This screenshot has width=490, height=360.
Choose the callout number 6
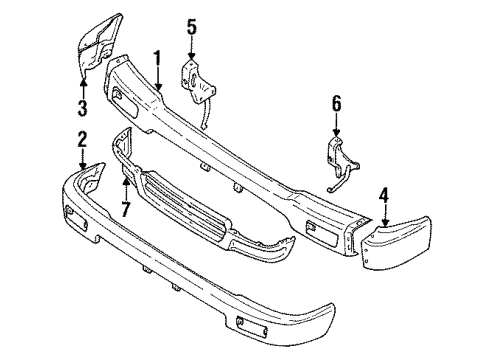click(x=336, y=102)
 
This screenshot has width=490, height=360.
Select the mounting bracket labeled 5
click(x=194, y=80)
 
